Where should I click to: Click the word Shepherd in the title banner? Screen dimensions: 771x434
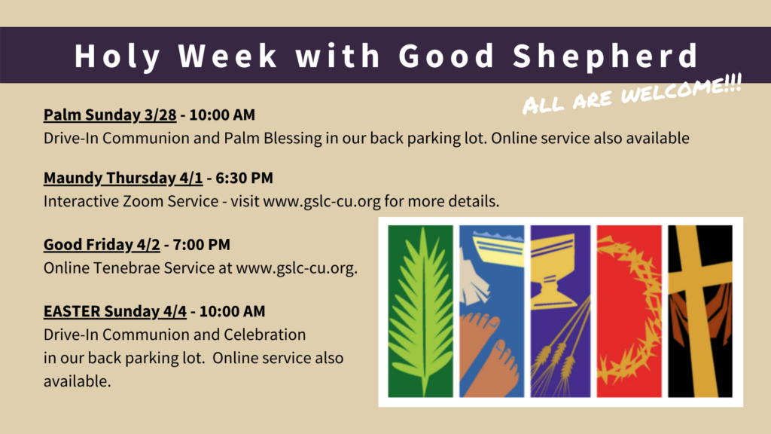tap(605, 56)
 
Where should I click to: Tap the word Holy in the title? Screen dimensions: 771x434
tap(117, 57)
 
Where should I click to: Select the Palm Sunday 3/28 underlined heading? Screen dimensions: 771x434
tap(110, 115)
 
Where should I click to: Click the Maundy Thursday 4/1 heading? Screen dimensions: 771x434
tap(123, 178)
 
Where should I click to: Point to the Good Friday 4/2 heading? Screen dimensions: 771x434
tap(102, 245)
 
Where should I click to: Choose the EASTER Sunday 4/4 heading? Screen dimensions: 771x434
tap(115, 311)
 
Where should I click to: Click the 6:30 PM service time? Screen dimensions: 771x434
tap(244, 178)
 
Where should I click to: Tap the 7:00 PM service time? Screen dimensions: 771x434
tap(201, 245)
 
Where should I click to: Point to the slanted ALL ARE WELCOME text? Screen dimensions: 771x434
tap(632, 94)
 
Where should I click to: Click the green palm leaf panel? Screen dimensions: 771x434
tap(420, 311)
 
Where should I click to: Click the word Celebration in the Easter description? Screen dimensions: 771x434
tap(264, 335)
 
